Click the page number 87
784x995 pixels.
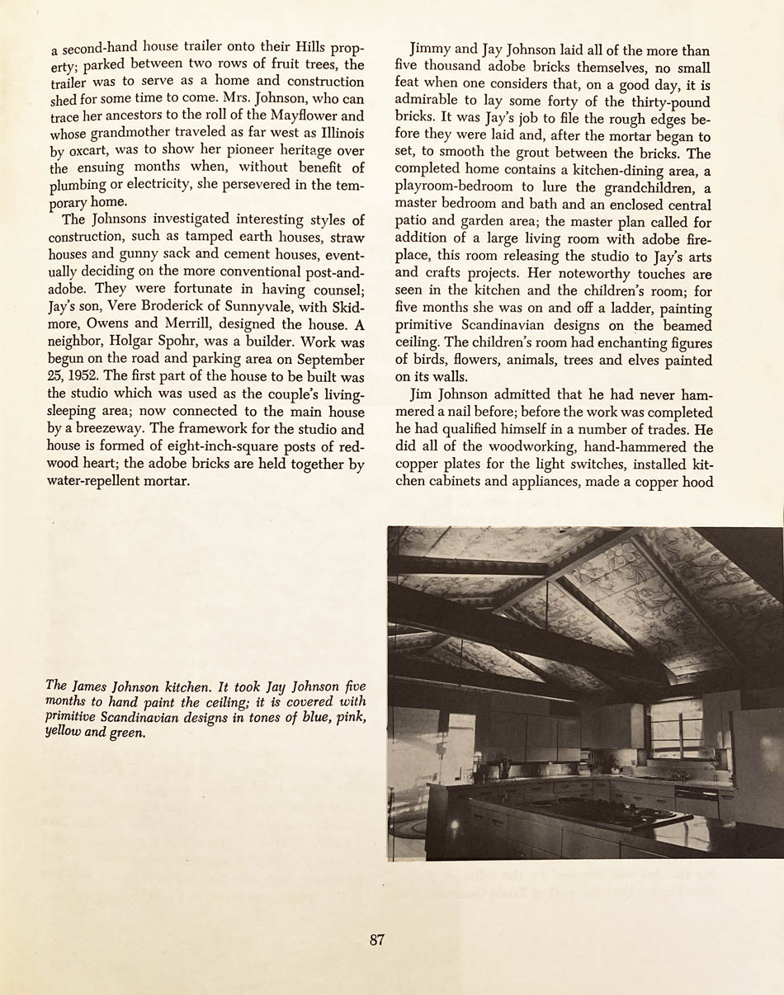(376, 939)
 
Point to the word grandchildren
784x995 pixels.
(650, 188)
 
